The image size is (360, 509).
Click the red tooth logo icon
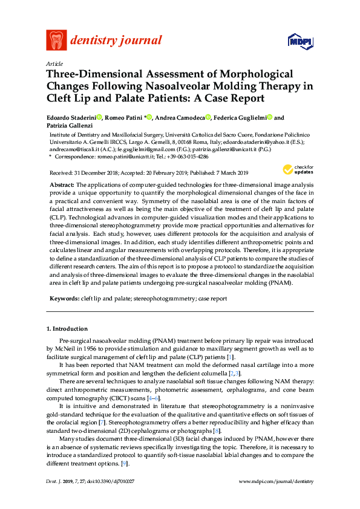[x=56, y=40]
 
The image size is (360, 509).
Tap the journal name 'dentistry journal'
[x=116, y=41]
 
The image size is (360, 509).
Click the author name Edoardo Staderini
[x=71, y=118]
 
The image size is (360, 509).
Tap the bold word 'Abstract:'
[x=62, y=183]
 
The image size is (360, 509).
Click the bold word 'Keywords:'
[x=64, y=299]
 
